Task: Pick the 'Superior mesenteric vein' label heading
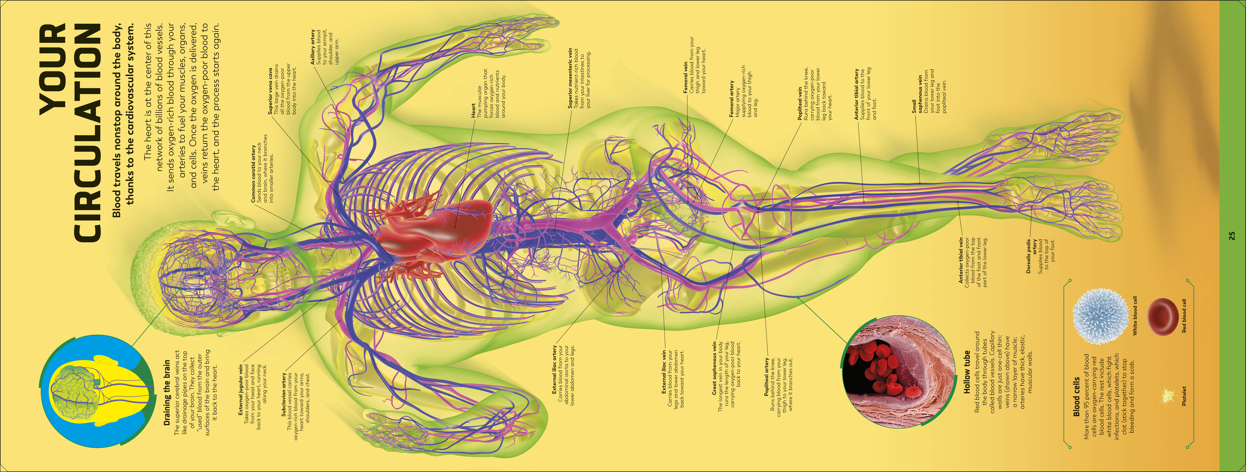pyautogui.click(x=571, y=77)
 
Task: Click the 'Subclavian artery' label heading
pyautogui.click(x=284, y=394)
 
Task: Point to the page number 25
pyautogui.click(x=1232, y=236)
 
